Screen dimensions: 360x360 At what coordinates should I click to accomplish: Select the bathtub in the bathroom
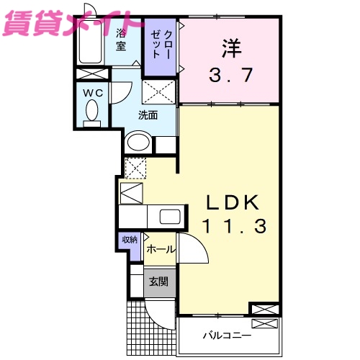[91, 43]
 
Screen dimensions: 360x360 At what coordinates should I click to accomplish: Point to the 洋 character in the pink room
[230, 48]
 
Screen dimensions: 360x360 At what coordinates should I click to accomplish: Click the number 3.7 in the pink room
[230, 74]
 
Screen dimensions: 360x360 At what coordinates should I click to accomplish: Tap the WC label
[92, 93]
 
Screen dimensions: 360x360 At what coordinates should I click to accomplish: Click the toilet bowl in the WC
[91, 112]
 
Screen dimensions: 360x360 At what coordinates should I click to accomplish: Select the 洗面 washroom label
[148, 115]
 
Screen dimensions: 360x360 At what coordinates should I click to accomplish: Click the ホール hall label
[159, 249]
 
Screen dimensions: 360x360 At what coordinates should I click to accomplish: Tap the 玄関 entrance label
[158, 282]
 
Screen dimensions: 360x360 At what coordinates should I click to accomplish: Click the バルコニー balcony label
[225, 336]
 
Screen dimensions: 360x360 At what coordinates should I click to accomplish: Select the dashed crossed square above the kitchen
[135, 168]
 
